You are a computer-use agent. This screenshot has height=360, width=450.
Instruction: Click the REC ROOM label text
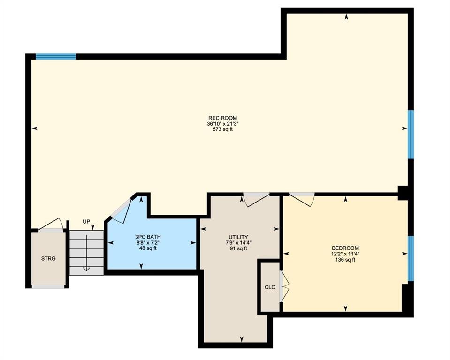(x=222, y=118)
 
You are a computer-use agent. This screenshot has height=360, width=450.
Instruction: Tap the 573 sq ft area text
(x=222, y=129)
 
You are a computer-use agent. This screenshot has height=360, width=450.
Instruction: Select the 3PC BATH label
(x=148, y=237)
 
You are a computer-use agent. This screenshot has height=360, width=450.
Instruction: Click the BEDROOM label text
(x=345, y=248)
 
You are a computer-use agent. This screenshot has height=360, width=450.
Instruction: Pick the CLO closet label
(x=270, y=287)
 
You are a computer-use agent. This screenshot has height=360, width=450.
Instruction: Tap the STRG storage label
(x=48, y=259)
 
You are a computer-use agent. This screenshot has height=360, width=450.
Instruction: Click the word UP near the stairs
(x=86, y=222)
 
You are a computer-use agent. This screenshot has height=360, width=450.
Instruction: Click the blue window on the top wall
(x=56, y=56)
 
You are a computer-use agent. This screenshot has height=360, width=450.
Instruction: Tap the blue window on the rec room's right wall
(x=411, y=134)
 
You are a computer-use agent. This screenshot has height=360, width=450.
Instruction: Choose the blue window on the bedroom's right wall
(x=411, y=258)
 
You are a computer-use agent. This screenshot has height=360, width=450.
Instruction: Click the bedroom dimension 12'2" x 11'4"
(x=345, y=254)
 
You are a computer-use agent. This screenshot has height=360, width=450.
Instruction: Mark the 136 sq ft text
(x=345, y=260)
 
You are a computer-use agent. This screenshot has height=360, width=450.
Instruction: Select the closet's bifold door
(x=284, y=286)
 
